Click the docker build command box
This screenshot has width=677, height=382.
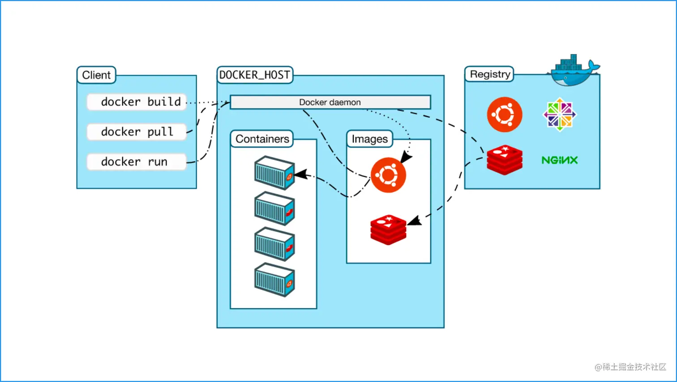[137, 102]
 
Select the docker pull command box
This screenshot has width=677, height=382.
[137, 132]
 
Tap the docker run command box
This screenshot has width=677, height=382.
[137, 162]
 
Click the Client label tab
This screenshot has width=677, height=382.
[96, 75]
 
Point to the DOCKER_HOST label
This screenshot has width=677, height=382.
[255, 75]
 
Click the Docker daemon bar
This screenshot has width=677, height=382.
[330, 102]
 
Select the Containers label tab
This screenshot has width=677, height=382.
[262, 139]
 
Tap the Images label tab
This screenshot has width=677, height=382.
[369, 139]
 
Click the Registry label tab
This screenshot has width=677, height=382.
[489, 74]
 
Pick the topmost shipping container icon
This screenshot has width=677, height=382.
[274, 173]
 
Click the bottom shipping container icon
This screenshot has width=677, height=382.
[274, 280]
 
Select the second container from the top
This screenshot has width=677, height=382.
[274, 208]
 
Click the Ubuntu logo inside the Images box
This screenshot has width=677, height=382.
[388, 175]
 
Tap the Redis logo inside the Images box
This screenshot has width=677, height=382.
[388, 230]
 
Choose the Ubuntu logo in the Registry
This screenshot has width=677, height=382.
[505, 114]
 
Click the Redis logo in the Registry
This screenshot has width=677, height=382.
[505, 160]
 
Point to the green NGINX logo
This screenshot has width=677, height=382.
[559, 160]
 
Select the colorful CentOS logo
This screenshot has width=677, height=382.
[560, 114]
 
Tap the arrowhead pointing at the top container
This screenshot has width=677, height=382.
[301, 174]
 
